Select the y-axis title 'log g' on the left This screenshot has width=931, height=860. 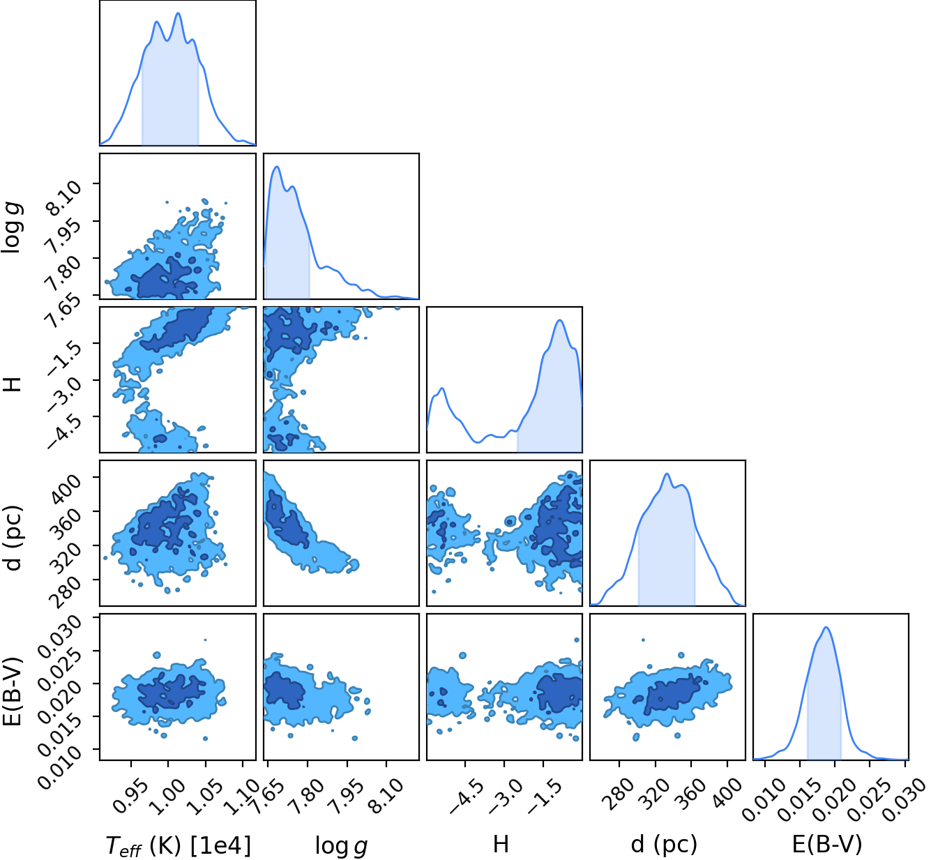[13, 227]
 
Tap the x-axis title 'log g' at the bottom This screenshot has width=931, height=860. [341, 846]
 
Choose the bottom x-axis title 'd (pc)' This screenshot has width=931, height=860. [665, 845]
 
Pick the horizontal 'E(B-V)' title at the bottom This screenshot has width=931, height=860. [827, 845]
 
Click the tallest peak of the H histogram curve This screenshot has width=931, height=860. [560, 320]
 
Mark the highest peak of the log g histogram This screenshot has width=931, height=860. [277, 167]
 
